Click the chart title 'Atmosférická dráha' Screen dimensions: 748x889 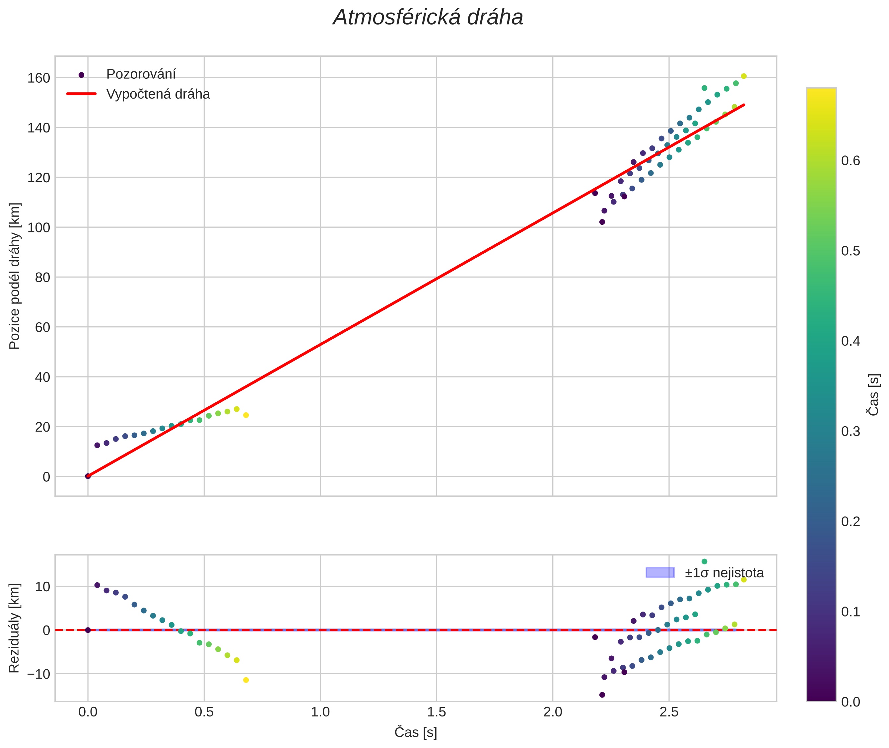pyautogui.click(x=428, y=18)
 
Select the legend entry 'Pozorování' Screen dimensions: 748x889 pyautogui.click(x=141, y=74)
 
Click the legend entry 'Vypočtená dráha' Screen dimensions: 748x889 pyautogui.click(x=158, y=94)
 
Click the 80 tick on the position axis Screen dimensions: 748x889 pyautogui.click(x=42, y=277)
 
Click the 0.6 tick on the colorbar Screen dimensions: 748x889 pyautogui.click(x=851, y=161)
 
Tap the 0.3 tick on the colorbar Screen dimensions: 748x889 pyautogui.click(x=851, y=431)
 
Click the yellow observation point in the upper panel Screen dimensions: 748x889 pyautogui.click(x=246, y=415)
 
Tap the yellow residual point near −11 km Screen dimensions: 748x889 pyautogui.click(x=246, y=680)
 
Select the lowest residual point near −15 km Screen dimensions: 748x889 pyautogui.click(x=602, y=695)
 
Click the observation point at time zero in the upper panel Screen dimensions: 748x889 pyautogui.click(x=88, y=476)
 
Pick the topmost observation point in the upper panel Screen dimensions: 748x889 pyautogui.click(x=744, y=76)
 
